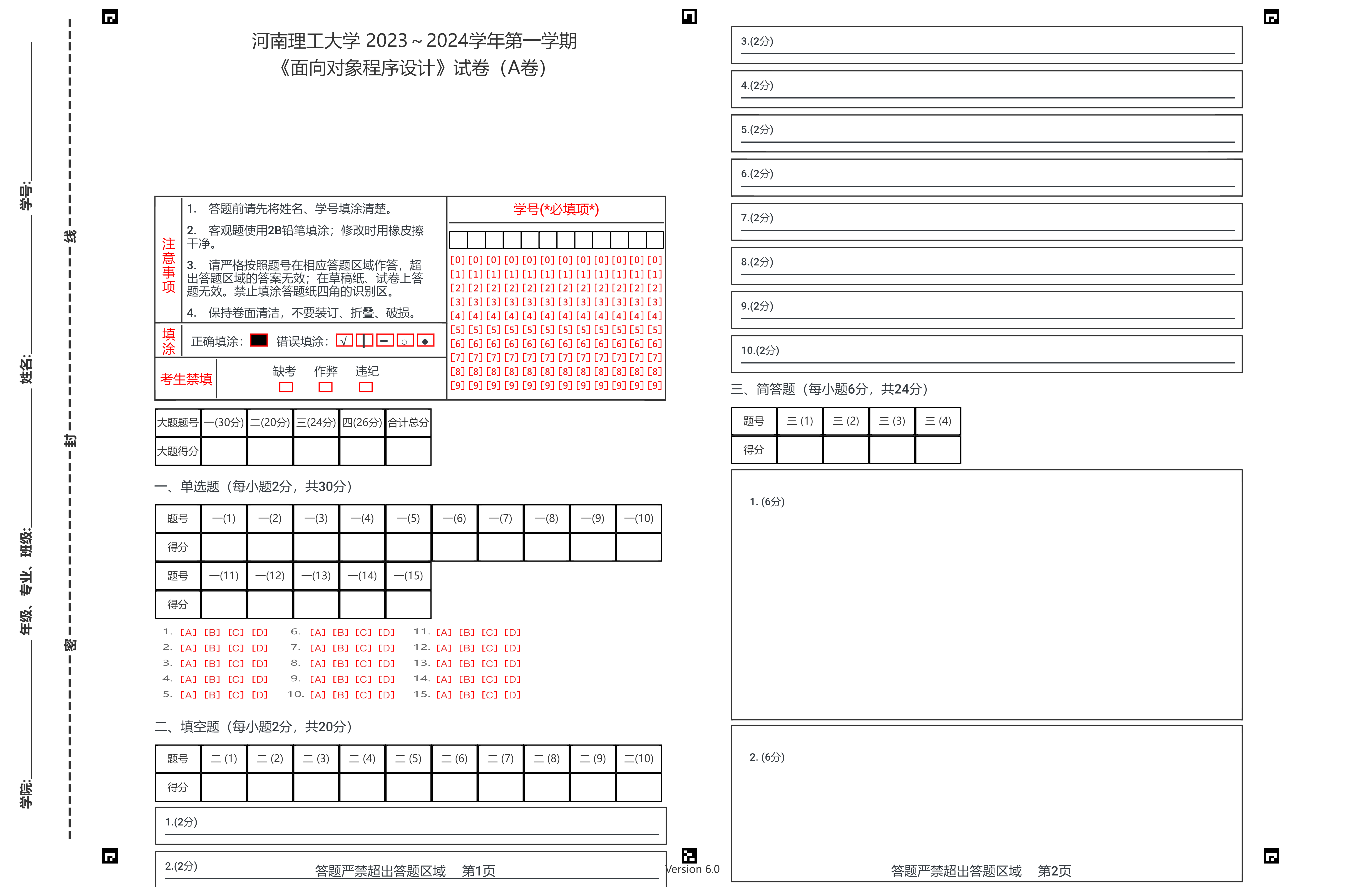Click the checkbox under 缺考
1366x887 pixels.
[x=286, y=387]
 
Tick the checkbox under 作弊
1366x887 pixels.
[x=325, y=387]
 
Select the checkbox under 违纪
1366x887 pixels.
[x=366, y=387]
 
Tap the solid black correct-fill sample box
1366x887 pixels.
[x=259, y=340]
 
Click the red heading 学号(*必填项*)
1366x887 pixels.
[x=556, y=209]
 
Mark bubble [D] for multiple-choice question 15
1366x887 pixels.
[x=512, y=695]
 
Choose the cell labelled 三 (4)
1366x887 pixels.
[x=938, y=421]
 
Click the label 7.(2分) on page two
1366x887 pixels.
[x=757, y=218]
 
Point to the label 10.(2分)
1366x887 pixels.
[x=760, y=350]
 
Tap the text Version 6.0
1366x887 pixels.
[x=693, y=869]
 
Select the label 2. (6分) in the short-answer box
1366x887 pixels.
[x=767, y=757]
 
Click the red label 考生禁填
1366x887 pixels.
[x=186, y=379]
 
